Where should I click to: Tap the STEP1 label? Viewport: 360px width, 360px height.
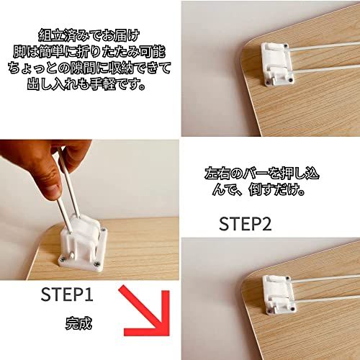coord(67,294)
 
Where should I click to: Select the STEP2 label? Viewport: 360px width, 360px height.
coord(245,224)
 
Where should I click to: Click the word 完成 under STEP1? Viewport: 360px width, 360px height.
coord(78,323)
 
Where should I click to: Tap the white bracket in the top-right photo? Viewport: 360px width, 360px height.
coord(278,64)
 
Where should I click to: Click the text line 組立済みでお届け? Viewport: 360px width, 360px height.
coord(89,36)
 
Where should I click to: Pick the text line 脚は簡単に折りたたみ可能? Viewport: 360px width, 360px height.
coord(89,53)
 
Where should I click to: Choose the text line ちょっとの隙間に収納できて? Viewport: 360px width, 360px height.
coord(89,69)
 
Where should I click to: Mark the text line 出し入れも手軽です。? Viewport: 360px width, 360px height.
coord(86,85)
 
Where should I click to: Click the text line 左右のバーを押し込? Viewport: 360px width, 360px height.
coord(262,174)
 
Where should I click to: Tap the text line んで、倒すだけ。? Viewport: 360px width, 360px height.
coord(258,190)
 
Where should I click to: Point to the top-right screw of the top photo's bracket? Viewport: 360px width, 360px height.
coord(286,45)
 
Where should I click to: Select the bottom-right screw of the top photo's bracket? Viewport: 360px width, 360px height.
coord(291,79)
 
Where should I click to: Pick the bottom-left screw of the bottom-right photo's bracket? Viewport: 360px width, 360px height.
coord(270,310)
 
